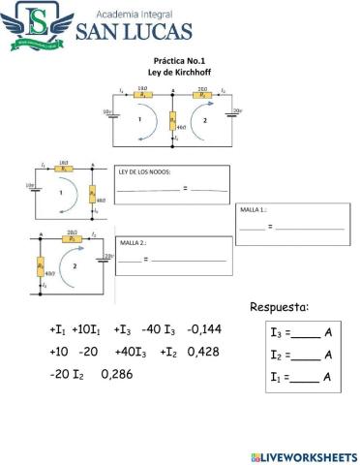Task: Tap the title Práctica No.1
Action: pos(172,60)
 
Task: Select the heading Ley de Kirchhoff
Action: pos(172,72)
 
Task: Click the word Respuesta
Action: pos(280,307)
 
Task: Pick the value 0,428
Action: pos(203,352)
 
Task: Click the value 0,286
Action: pos(117,373)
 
